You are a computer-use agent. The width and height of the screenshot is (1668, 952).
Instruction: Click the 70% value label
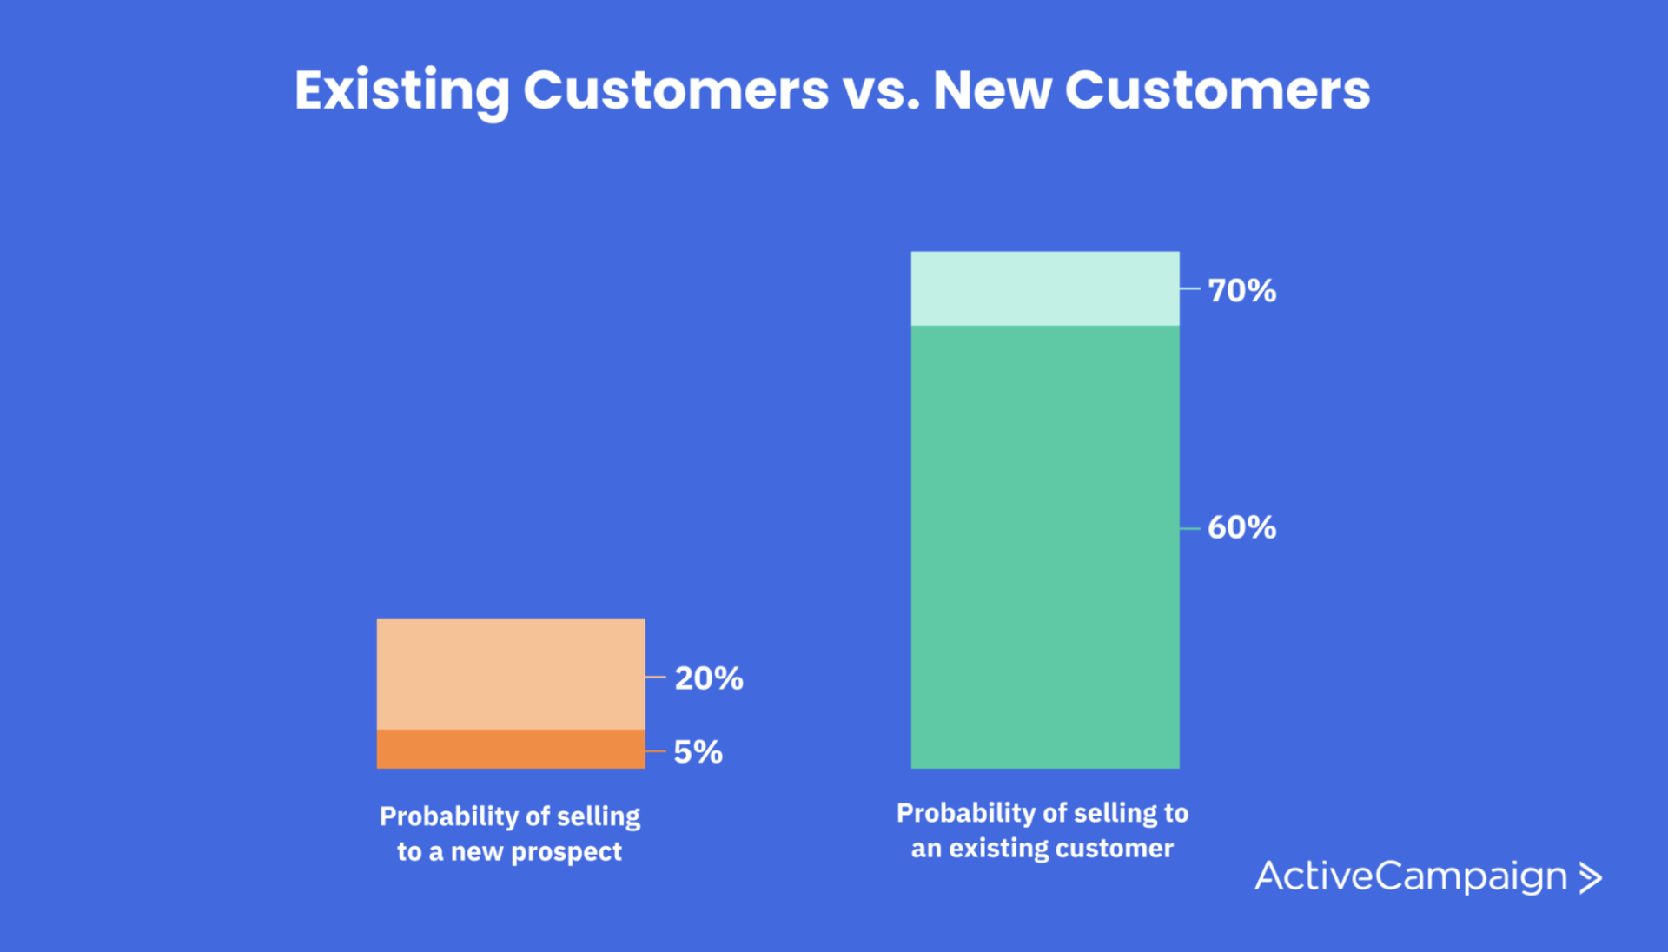coord(1241,290)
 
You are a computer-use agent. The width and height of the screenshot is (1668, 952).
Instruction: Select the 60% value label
coord(1241,527)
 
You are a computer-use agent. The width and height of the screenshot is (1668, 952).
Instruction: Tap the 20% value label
coord(708,678)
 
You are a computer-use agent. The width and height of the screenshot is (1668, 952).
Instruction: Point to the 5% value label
coord(698,752)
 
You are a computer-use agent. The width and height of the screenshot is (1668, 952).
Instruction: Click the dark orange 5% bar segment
coord(511,749)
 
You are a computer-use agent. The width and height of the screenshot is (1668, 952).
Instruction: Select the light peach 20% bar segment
coord(511,674)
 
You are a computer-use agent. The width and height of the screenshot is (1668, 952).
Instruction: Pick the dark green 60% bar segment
coord(1044,547)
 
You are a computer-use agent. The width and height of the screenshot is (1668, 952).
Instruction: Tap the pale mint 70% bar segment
coord(1044,288)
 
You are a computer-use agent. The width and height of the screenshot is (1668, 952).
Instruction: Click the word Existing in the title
coord(402,90)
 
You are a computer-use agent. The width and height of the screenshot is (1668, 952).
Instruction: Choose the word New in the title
coord(991,90)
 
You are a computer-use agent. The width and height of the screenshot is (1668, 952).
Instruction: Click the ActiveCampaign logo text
coord(1411,876)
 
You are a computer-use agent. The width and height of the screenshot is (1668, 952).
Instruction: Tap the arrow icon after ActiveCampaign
coord(1591,877)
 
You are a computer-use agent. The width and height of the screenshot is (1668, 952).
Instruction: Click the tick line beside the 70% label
coord(1189,288)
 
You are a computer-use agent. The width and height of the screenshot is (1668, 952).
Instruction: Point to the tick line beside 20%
coord(655,677)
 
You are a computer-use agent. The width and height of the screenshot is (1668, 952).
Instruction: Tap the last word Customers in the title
coord(1217,90)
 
